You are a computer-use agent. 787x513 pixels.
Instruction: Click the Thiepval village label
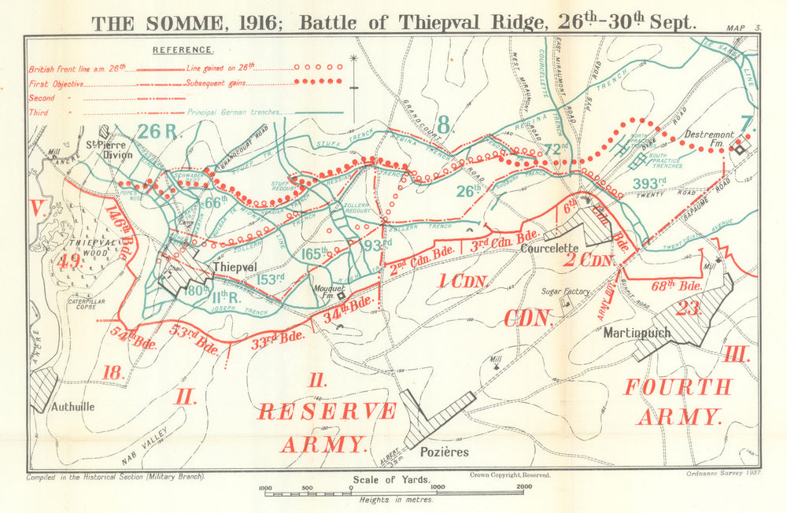tap(235, 268)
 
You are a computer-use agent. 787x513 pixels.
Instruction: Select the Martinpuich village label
tap(636, 333)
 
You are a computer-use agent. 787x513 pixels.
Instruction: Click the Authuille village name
tap(72, 407)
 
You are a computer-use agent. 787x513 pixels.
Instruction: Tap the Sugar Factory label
tap(565, 292)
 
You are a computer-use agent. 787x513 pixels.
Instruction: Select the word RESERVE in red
tap(327, 411)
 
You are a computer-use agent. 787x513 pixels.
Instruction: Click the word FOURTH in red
tap(677, 387)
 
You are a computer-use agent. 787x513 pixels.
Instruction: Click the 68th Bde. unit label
tap(678, 285)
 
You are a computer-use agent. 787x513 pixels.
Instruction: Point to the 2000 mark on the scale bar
tap(521, 488)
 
